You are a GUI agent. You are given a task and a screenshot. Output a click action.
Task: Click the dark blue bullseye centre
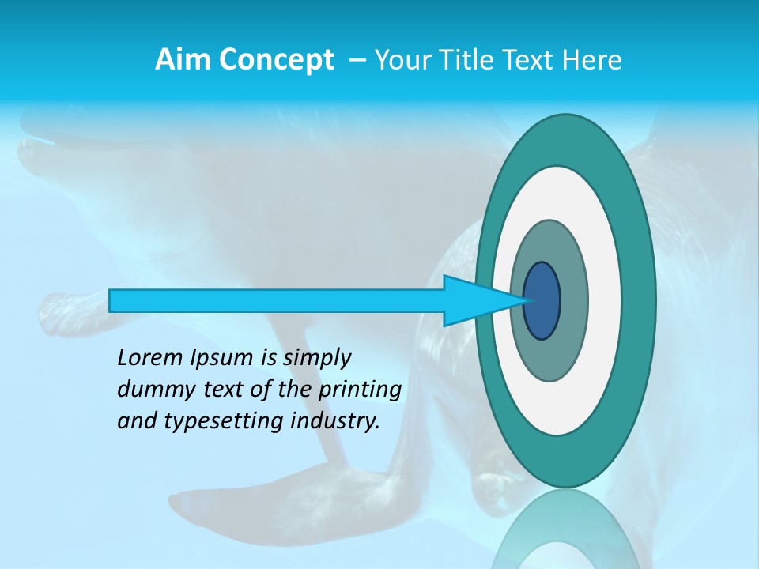click(542, 301)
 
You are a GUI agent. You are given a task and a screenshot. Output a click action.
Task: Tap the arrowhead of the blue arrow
click(482, 301)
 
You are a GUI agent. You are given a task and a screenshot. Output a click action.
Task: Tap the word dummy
click(151, 390)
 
